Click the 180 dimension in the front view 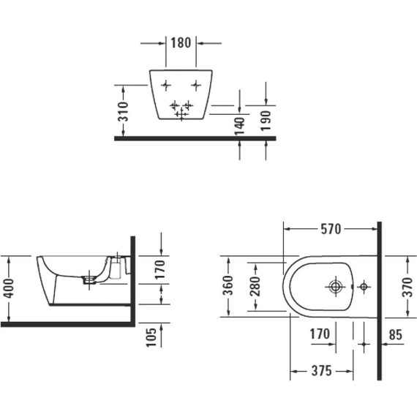pyautogui.click(x=181, y=42)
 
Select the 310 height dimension pyautogui.click(x=124, y=110)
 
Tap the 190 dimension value pyautogui.click(x=266, y=117)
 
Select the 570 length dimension pyautogui.click(x=331, y=230)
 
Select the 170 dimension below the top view pyautogui.click(x=318, y=336)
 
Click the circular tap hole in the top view pyautogui.click(x=337, y=286)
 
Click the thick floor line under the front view pyautogui.click(x=194, y=138)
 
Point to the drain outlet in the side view pyautogui.click(x=90, y=278)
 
